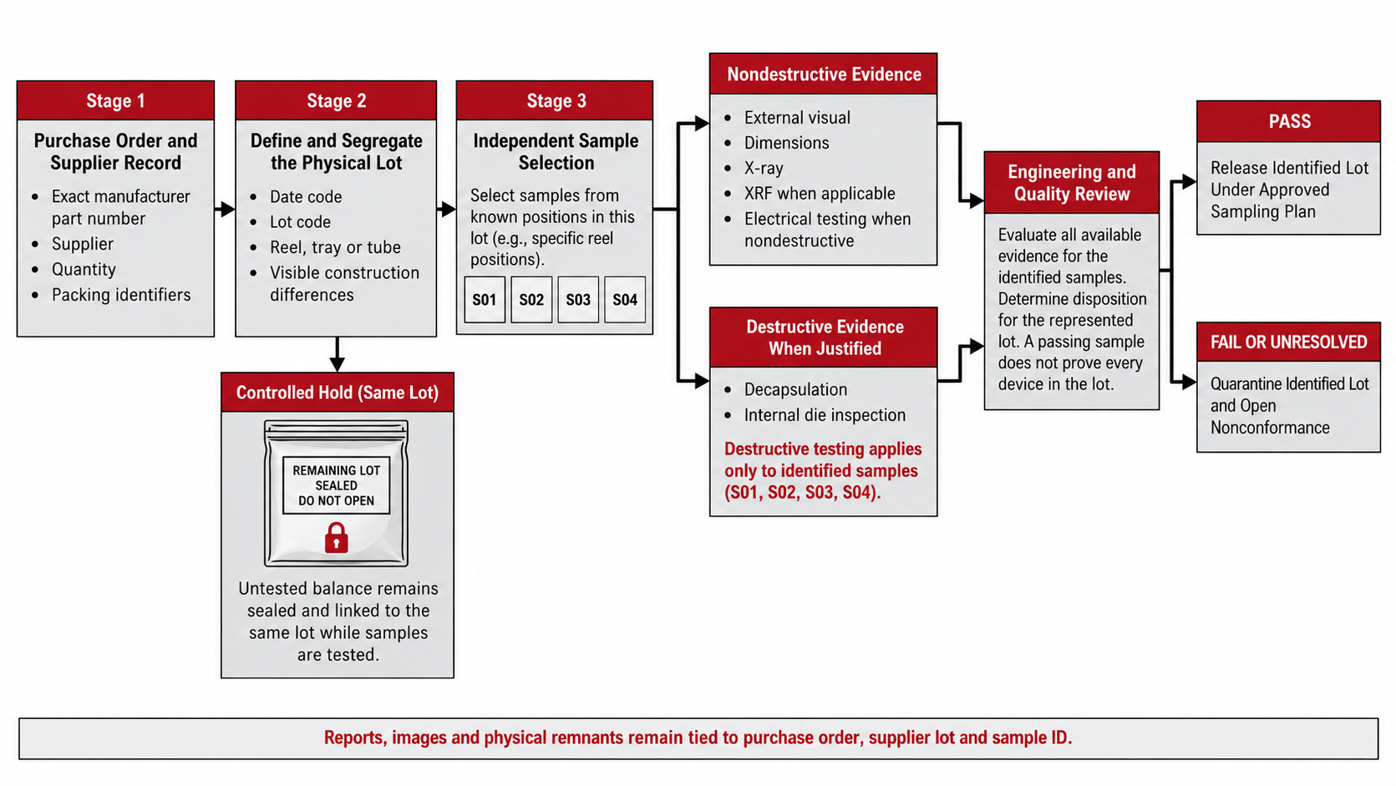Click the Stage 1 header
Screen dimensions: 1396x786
[x=115, y=100]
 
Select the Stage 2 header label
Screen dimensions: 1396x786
[x=336, y=100]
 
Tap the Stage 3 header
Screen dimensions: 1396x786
[x=555, y=100]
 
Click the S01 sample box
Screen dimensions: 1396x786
[x=485, y=300]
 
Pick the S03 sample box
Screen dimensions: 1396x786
[x=578, y=300]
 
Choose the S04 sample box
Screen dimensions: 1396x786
[x=624, y=300]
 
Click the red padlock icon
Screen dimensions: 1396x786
[x=337, y=538]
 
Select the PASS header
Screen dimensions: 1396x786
[x=1288, y=121]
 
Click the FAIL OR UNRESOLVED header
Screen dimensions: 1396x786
[x=1288, y=342]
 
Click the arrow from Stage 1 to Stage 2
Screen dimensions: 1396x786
[x=225, y=209]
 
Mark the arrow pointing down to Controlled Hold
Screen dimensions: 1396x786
[x=337, y=355]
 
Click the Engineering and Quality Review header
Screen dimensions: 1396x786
[x=1072, y=183]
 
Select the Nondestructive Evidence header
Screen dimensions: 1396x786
[x=823, y=74]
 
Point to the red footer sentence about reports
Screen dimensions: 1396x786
[x=698, y=738]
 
